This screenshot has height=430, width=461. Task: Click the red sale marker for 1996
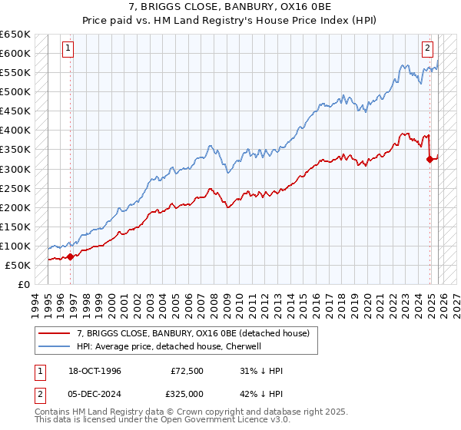pos(70,256)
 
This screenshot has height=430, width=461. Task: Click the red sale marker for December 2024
pos(429,160)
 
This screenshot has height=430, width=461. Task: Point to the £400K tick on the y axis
pos(15,131)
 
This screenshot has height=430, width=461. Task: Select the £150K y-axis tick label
pos(15,227)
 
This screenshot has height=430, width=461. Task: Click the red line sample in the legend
pos(55,333)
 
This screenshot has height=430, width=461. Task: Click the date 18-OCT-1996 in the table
pos(92,371)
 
